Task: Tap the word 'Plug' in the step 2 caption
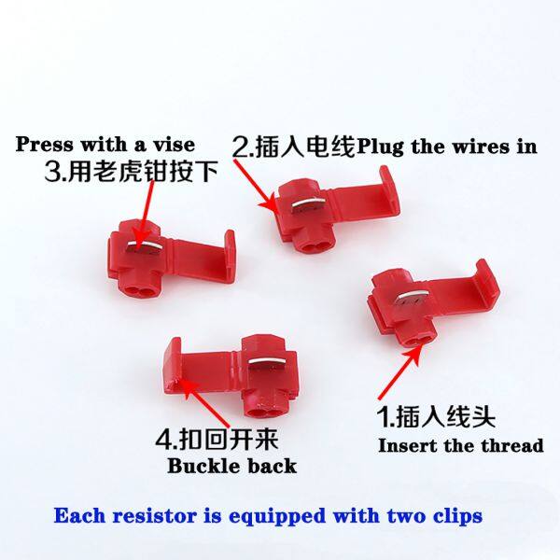(x=381, y=147)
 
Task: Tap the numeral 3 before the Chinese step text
(x=52, y=172)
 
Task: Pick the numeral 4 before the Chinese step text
(x=163, y=440)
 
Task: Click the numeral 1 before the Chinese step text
(x=384, y=416)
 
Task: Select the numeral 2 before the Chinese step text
(x=239, y=147)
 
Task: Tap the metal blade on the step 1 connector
(x=413, y=295)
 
